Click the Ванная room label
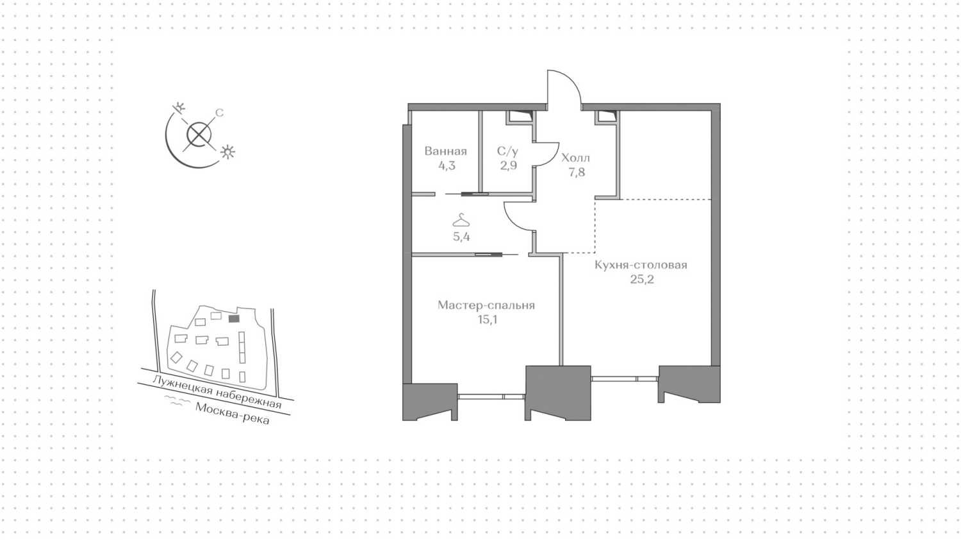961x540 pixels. (x=445, y=151)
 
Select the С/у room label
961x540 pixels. (x=507, y=151)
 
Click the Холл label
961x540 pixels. (x=575, y=158)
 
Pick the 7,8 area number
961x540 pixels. (x=576, y=172)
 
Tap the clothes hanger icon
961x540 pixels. (x=461, y=221)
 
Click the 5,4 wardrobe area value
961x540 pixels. (x=461, y=236)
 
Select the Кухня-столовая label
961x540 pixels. (x=641, y=265)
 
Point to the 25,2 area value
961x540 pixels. (x=641, y=279)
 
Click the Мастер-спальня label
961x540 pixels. (x=486, y=305)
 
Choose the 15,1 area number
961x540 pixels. (x=487, y=319)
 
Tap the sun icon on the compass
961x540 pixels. (x=227, y=153)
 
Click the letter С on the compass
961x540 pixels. (x=219, y=113)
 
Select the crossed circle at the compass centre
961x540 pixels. (x=199, y=135)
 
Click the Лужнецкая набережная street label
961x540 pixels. (x=217, y=392)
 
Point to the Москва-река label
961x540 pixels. (x=233, y=414)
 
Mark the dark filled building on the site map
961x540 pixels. (x=234, y=318)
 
